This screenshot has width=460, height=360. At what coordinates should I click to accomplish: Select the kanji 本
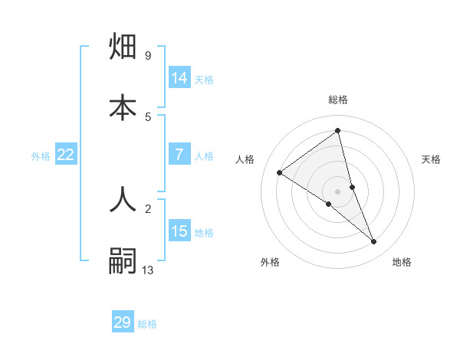pyautogui.click(x=123, y=107)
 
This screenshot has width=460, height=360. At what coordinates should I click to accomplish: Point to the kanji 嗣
pyautogui.click(x=123, y=260)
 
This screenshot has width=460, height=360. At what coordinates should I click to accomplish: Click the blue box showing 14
pyautogui.click(x=179, y=78)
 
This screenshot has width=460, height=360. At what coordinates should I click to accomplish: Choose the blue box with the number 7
pyautogui.click(x=179, y=155)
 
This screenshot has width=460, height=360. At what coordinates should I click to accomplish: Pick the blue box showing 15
pyautogui.click(x=179, y=231)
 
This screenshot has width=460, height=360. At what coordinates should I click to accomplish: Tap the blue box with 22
pyautogui.click(x=66, y=155)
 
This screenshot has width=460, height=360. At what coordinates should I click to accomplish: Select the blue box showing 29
pyautogui.click(x=123, y=322)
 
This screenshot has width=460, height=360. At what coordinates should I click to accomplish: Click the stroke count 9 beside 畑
pyautogui.click(x=148, y=56)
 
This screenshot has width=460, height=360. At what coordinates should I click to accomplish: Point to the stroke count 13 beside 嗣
pyautogui.click(x=148, y=270)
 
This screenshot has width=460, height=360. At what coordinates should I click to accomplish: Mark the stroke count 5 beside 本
pyautogui.click(x=148, y=116)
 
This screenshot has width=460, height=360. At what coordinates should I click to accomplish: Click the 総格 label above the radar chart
pyautogui.click(x=338, y=100)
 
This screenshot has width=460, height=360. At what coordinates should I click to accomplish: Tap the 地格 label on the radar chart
pyautogui.click(x=402, y=262)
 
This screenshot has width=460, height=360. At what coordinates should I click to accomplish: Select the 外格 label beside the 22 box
pyautogui.click(x=41, y=155)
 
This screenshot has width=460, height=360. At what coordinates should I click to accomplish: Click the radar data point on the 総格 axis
pyautogui.click(x=338, y=130)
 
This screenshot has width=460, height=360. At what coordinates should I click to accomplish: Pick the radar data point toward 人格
pyautogui.click(x=280, y=173)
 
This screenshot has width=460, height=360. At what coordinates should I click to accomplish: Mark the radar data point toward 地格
pyautogui.click(x=374, y=242)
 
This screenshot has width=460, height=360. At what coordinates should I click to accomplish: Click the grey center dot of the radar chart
pyautogui.click(x=338, y=191)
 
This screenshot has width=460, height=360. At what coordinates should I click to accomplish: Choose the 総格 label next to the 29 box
pyautogui.click(x=147, y=324)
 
